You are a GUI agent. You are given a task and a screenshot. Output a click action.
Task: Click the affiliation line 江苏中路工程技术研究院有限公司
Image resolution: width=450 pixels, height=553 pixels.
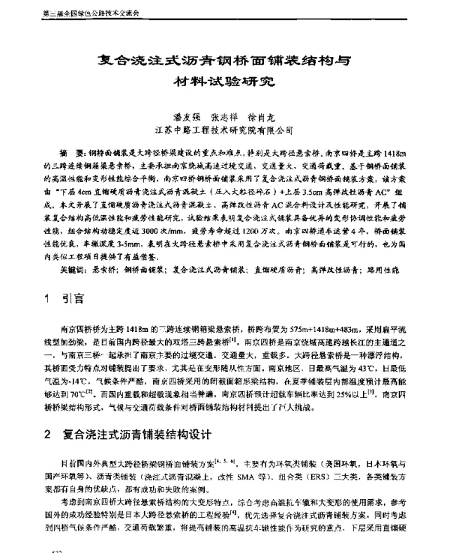click(225, 130)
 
